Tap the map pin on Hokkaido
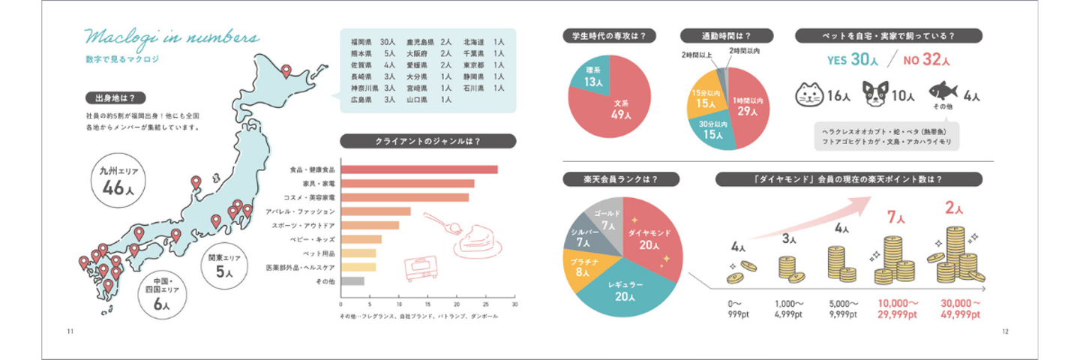point(286,72)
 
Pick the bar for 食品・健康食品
point(419,169)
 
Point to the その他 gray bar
point(352,281)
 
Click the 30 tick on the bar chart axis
point(514,305)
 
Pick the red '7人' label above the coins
point(896,217)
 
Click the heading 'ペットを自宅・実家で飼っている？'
point(889,35)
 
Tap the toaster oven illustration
point(420,268)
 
